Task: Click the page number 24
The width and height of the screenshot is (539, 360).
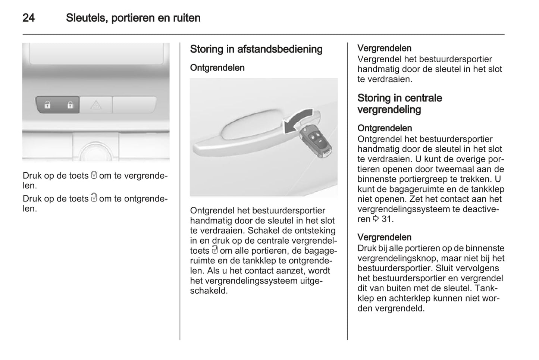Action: click(x=29, y=18)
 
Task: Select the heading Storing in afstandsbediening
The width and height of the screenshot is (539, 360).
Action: click(x=256, y=49)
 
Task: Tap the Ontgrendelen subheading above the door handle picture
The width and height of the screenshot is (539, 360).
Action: click(x=217, y=68)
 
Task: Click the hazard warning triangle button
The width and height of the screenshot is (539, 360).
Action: click(x=96, y=105)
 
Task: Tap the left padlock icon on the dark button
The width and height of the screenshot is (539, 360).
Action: click(x=47, y=105)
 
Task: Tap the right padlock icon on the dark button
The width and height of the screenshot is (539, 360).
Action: click(x=70, y=105)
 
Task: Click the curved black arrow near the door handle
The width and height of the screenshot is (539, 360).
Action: click(x=298, y=120)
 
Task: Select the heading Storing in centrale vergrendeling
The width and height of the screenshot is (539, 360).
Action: click(x=399, y=104)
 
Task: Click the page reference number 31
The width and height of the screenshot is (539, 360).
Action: click(x=387, y=219)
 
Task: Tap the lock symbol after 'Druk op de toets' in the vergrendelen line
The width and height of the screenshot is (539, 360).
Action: click(x=94, y=175)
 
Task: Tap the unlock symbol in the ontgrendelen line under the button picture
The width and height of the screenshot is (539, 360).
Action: click(x=94, y=198)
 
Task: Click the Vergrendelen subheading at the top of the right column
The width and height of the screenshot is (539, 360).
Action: click(x=384, y=48)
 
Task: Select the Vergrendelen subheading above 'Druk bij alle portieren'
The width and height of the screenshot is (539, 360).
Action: click(x=384, y=237)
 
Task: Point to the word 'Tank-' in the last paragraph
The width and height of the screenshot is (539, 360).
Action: click(x=487, y=288)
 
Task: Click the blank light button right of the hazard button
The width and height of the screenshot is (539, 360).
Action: click(x=134, y=105)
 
